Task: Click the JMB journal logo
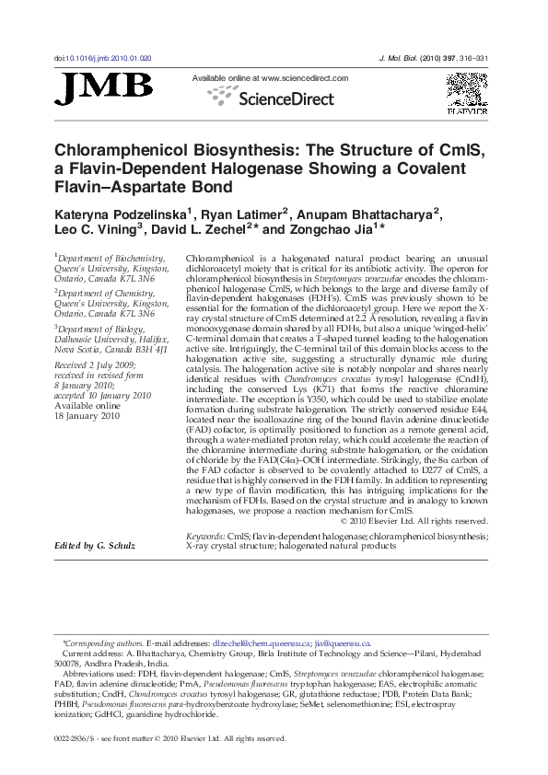pyautogui.click(x=104, y=88)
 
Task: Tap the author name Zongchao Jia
pyautogui.click(x=329, y=233)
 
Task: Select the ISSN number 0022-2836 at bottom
pyautogui.click(x=76, y=738)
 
